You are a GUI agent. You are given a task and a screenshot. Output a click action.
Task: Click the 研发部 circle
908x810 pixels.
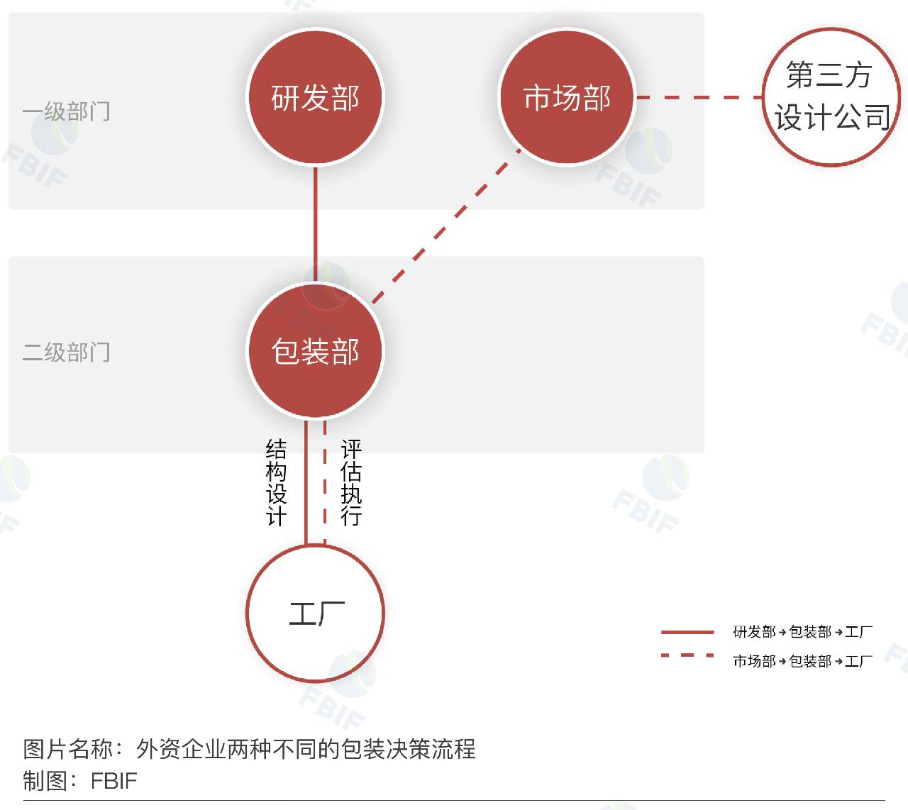tap(315, 97)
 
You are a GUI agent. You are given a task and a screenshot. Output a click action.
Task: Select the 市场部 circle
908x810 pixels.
tap(567, 97)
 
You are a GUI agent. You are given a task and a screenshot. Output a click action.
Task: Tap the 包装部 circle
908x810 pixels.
tap(315, 350)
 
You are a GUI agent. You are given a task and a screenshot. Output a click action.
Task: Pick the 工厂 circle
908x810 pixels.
tap(315, 613)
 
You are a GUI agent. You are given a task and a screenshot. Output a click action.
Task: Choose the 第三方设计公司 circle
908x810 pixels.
tap(831, 97)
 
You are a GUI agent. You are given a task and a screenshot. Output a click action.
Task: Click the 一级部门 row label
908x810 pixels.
tap(66, 111)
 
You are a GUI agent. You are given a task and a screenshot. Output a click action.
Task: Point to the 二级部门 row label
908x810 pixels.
tap(66, 352)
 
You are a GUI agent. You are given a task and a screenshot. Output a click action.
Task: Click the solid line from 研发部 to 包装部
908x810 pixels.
tap(315, 223)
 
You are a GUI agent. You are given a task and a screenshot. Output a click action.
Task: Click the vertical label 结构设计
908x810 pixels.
tap(276, 482)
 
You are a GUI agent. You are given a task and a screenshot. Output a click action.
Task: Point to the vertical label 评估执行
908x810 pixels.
tap(351, 482)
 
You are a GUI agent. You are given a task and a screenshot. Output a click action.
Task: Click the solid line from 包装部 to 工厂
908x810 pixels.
tap(306, 482)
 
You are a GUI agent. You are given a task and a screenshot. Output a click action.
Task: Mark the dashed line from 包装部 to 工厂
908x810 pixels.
tap(324, 482)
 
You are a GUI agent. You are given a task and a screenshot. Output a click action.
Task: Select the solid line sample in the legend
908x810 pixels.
tap(687, 631)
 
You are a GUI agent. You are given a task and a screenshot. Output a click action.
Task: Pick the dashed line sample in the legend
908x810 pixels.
tap(687, 656)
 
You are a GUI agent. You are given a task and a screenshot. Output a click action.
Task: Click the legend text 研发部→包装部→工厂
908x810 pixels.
tap(802, 631)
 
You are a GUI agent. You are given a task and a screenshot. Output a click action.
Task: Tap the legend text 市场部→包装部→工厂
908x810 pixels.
tap(802, 661)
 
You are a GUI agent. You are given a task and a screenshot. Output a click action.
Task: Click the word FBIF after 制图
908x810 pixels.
tap(113, 781)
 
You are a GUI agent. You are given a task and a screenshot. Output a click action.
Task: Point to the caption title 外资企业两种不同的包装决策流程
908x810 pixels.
tap(306, 749)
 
